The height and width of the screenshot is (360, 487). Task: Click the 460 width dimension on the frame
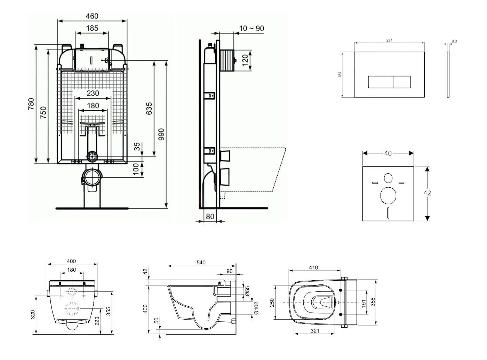click(x=92, y=16)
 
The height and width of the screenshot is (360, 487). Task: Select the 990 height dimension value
click(x=161, y=134)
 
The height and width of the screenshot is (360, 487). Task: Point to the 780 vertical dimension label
click(x=31, y=104)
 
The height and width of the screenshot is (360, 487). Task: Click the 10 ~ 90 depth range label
click(x=252, y=29)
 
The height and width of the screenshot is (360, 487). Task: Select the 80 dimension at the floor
click(x=210, y=217)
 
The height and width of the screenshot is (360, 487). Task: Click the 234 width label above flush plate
click(x=389, y=40)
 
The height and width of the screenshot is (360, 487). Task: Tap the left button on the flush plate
click(x=381, y=82)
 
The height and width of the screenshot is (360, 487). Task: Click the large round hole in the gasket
click(x=388, y=195)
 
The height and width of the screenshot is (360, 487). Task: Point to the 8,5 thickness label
click(x=455, y=42)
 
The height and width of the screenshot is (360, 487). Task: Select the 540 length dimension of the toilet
click(x=201, y=263)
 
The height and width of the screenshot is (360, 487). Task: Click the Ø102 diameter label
click(x=256, y=308)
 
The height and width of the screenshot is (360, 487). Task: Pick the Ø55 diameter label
click(x=247, y=291)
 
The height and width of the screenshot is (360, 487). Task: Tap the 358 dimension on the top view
click(x=373, y=302)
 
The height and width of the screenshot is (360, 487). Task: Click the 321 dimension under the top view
click(x=314, y=331)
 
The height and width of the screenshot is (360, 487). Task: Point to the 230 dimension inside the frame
click(x=93, y=93)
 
